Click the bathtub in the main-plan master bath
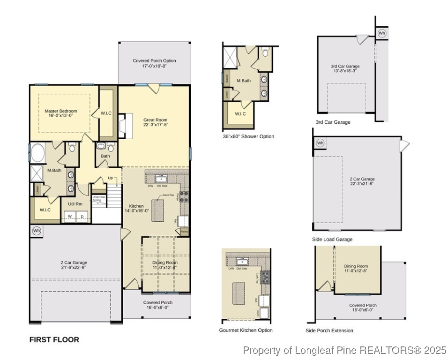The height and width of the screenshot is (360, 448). (36, 153)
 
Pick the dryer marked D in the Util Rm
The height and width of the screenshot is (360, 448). (82, 216)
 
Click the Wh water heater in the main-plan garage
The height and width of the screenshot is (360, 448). (37, 231)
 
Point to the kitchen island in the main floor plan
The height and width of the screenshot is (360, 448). (158, 210)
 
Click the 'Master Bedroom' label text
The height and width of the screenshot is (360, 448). (61, 111)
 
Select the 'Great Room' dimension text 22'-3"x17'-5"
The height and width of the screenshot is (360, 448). (155, 125)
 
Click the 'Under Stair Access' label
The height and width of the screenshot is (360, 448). (99, 199)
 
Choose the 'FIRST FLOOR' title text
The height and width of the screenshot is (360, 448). (54, 339)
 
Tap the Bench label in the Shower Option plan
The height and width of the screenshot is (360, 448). (227, 78)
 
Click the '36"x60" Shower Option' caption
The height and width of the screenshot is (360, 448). (248, 136)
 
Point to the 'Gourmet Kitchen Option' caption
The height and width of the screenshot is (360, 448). (246, 330)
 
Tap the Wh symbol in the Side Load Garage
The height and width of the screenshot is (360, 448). (320, 143)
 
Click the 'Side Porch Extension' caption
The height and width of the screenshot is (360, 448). (329, 330)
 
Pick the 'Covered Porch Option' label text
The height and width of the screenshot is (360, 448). (154, 61)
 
